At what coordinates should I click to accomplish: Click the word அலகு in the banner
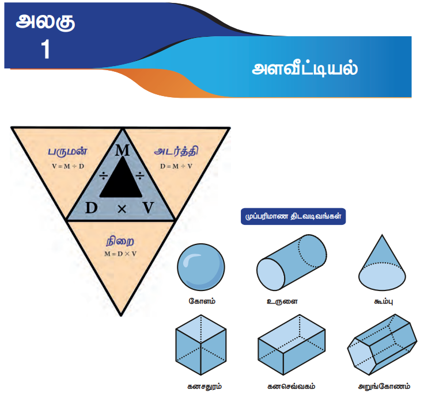[46, 23]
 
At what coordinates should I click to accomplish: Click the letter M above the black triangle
[122, 151]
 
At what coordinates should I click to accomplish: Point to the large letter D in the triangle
[91, 208]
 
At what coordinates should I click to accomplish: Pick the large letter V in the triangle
[149, 208]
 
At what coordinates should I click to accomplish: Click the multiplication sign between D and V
[121, 209]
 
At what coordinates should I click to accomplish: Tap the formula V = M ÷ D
[69, 167]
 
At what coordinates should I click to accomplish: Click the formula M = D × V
[120, 253]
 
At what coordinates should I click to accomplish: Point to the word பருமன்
[68, 152]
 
